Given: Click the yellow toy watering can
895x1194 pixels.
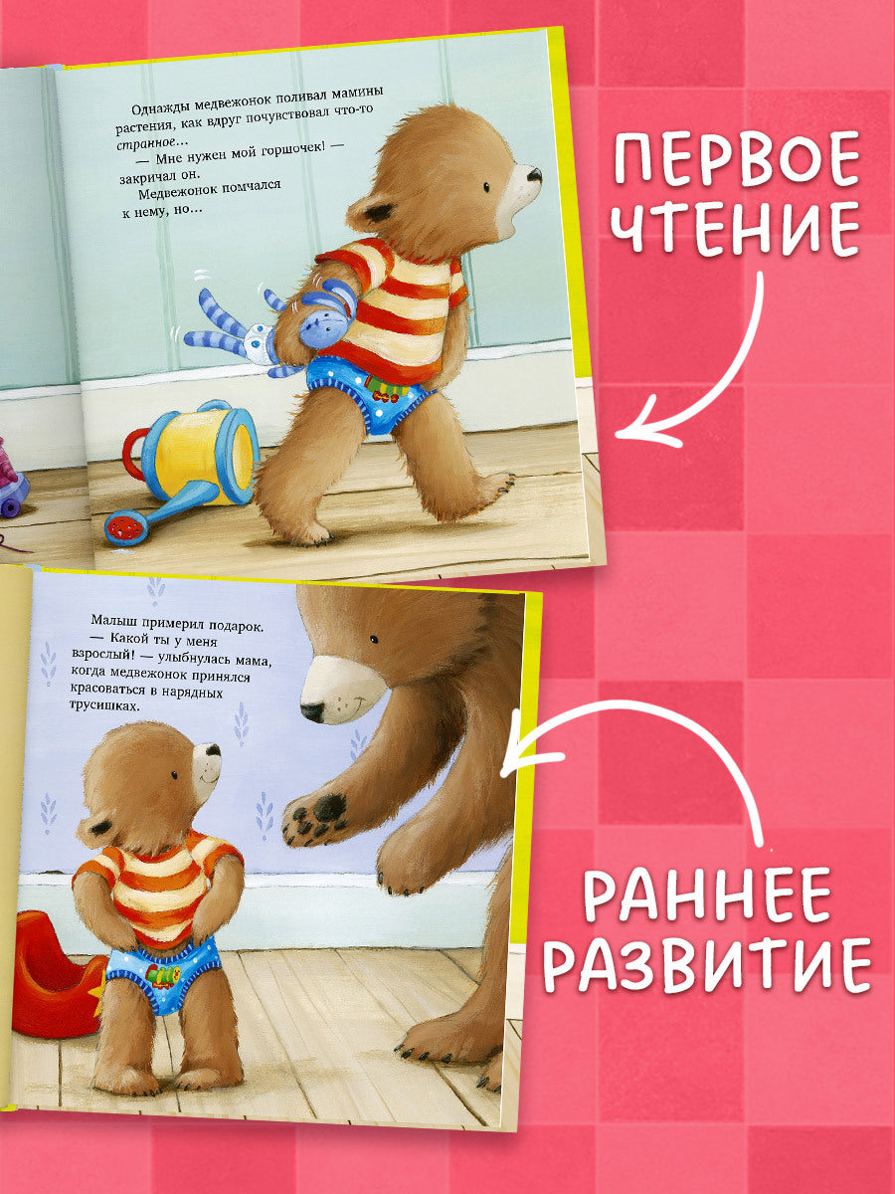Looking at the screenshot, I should coord(189,458).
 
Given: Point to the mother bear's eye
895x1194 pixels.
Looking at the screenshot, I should coord(371,638).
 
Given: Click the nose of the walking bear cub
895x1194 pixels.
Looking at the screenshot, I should coord(534,175).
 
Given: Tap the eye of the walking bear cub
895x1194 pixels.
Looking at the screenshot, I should coord(487,186).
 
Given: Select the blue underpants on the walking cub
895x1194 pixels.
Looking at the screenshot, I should coord(373,393).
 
